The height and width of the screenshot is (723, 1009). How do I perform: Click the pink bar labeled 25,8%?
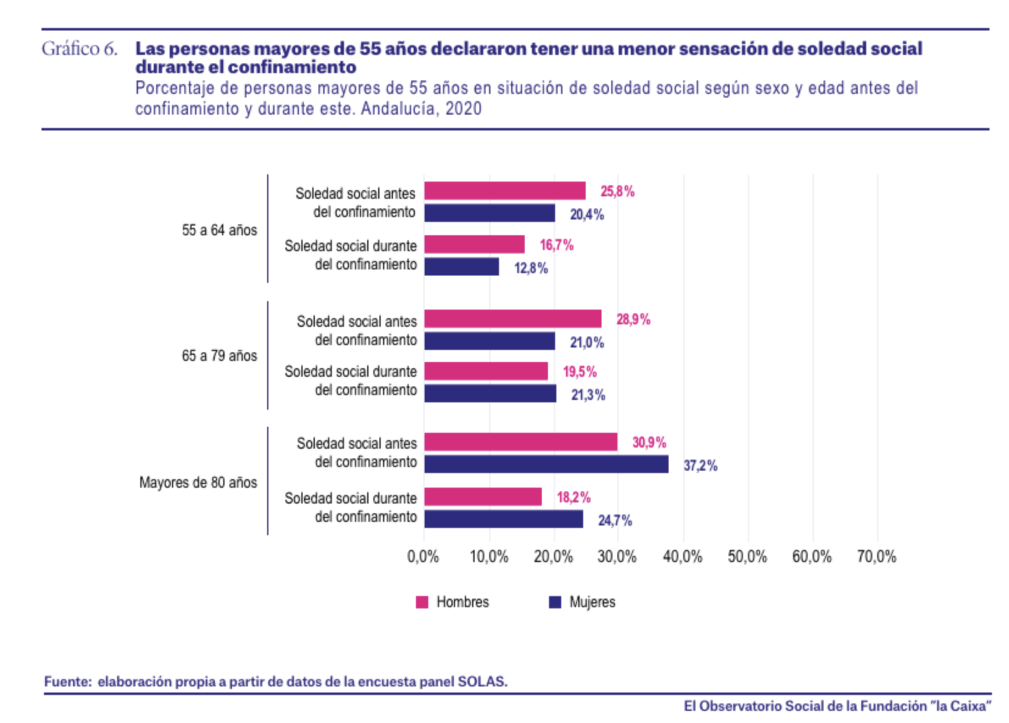click(x=504, y=191)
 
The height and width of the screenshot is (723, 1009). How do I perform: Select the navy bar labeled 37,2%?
click(x=546, y=465)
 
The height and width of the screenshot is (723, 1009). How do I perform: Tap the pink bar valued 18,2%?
click(x=483, y=497)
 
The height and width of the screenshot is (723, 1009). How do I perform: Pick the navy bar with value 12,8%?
click(x=461, y=267)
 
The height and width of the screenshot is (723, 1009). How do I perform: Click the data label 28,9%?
click(x=633, y=319)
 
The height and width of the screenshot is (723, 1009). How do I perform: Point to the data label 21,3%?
click(x=588, y=395)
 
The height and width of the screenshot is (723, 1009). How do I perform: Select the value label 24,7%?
click(x=615, y=521)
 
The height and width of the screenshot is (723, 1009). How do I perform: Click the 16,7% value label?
click(x=556, y=245)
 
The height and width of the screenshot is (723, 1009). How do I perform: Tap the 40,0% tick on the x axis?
click(x=682, y=557)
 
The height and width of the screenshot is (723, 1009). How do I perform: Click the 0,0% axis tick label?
click(x=423, y=557)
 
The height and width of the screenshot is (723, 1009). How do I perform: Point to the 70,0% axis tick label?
click(x=876, y=557)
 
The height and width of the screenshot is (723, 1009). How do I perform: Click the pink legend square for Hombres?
click(x=422, y=602)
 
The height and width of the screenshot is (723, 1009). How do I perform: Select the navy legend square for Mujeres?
click(x=555, y=602)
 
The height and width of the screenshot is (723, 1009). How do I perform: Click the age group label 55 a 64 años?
click(x=219, y=230)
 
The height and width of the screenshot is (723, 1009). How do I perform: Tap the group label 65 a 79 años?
click(x=219, y=356)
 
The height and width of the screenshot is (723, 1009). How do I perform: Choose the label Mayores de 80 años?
click(x=198, y=483)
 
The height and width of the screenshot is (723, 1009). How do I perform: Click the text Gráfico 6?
click(x=79, y=49)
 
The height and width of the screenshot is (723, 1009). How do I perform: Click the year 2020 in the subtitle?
click(x=463, y=109)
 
